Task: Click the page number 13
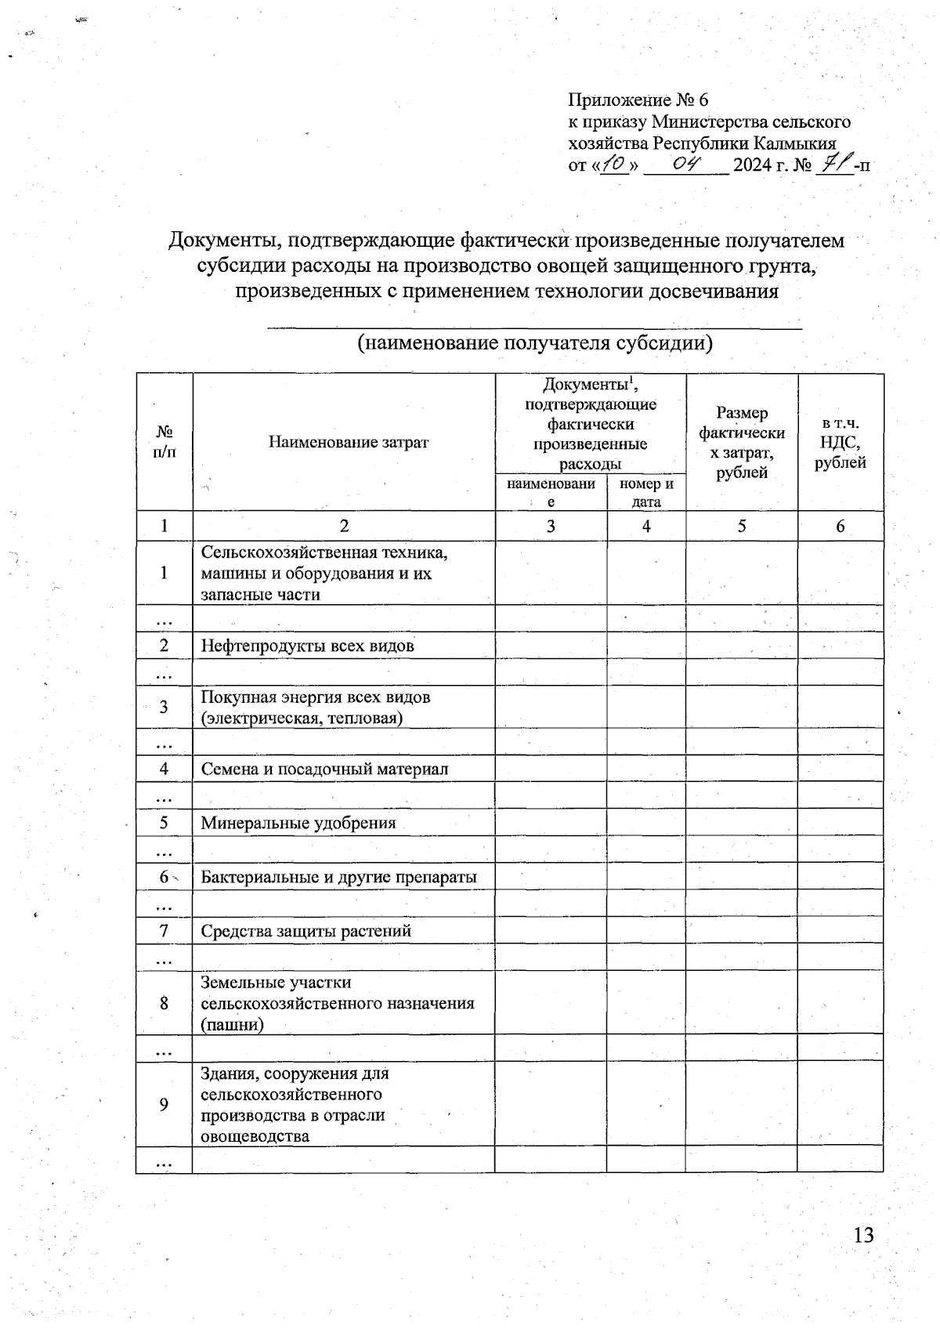pyautogui.click(x=863, y=1236)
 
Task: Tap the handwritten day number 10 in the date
pyautogui.click(x=615, y=165)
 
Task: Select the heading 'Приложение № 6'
pyautogui.click(x=638, y=100)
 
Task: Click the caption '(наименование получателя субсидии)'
pyautogui.click(x=534, y=343)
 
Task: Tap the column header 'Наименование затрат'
pyautogui.click(x=349, y=442)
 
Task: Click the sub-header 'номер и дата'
pyautogui.click(x=646, y=493)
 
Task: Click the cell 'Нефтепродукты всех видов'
pyautogui.click(x=307, y=646)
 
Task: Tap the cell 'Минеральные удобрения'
pyautogui.click(x=298, y=823)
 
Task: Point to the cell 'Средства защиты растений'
pyautogui.click(x=305, y=931)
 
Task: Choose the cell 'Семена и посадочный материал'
pyautogui.click(x=324, y=769)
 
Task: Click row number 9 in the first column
pyautogui.click(x=164, y=1104)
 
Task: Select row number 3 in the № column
pyautogui.click(x=164, y=707)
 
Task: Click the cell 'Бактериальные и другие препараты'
pyautogui.click(x=338, y=877)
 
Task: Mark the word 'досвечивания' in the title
pyautogui.click(x=710, y=292)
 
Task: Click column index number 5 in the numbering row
pyautogui.click(x=741, y=527)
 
